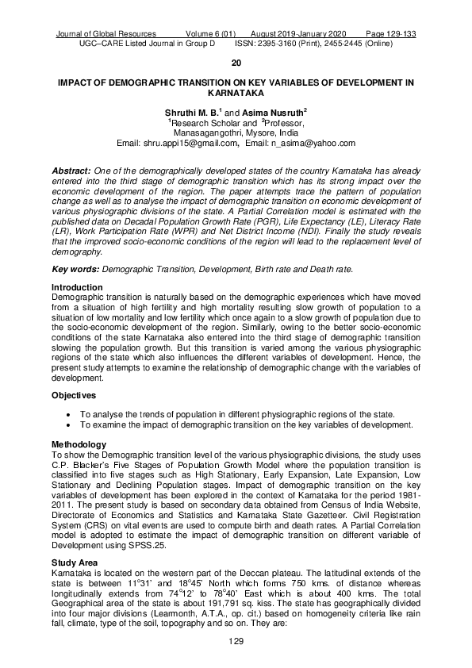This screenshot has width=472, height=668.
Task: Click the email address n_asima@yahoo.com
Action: click(313, 143)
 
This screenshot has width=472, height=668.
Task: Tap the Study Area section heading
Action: click(79, 562)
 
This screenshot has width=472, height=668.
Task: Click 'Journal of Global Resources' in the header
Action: click(106, 35)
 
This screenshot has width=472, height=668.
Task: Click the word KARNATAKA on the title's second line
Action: click(236, 92)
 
